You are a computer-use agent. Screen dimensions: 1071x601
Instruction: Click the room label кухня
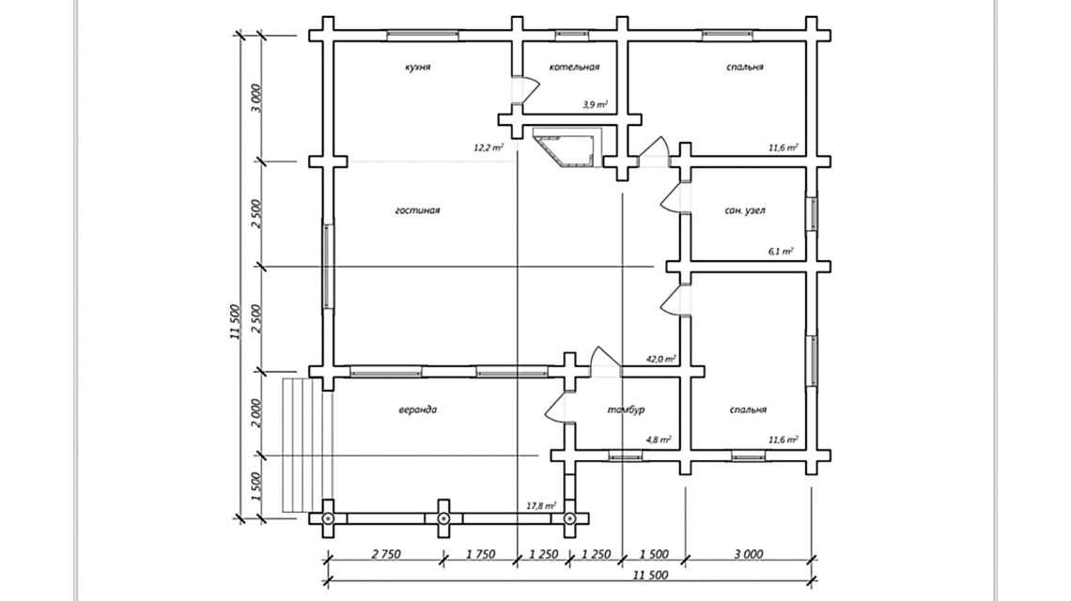click(417, 67)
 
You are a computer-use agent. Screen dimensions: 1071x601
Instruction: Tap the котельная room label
click(574, 67)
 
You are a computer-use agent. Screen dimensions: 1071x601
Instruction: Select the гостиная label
click(417, 210)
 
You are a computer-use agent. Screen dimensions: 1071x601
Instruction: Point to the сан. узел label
click(744, 210)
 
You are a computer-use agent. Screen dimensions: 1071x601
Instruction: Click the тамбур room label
click(626, 409)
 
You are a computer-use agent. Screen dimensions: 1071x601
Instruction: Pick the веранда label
click(417, 409)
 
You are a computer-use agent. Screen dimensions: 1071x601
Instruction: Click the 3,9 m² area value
click(595, 104)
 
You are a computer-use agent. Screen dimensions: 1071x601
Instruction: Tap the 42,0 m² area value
click(661, 358)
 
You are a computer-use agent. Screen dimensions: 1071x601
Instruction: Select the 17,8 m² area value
click(541, 506)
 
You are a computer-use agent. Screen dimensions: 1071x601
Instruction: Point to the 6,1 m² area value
click(781, 252)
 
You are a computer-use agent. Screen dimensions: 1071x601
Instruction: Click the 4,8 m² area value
click(659, 439)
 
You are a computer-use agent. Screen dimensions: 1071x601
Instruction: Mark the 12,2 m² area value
click(489, 147)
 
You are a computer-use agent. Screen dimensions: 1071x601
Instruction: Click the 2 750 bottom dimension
click(385, 554)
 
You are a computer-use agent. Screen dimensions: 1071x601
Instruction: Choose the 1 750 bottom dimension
click(480, 554)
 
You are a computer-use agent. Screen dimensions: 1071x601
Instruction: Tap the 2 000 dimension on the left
click(256, 413)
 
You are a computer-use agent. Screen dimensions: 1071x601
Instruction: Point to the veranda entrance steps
click(306, 444)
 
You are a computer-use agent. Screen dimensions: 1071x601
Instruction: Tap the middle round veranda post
click(443, 519)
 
